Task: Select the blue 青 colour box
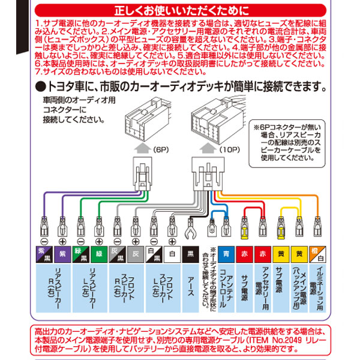click(226, 254)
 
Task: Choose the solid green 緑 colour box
click(100, 254)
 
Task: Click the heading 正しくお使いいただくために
click(180, 10)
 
